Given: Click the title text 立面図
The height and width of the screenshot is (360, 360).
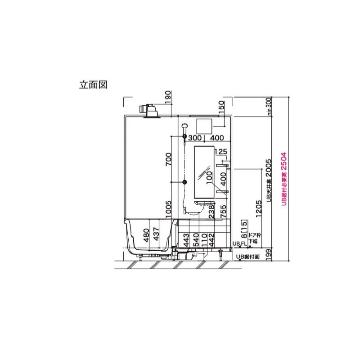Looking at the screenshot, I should [x=93, y=85].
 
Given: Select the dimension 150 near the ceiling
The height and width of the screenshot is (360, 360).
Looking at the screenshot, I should [x=221, y=107].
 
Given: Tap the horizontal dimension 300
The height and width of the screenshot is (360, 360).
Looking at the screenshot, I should [x=194, y=138].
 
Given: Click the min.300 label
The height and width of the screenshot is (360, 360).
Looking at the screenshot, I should [x=269, y=106].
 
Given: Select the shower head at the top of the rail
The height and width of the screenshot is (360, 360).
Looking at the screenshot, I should [x=184, y=127].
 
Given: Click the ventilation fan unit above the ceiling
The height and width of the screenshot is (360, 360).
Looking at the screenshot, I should [x=149, y=110].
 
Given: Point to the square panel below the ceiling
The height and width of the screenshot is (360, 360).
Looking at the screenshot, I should [x=205, y=125].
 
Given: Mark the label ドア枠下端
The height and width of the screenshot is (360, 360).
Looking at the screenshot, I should [x=254, y=238].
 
